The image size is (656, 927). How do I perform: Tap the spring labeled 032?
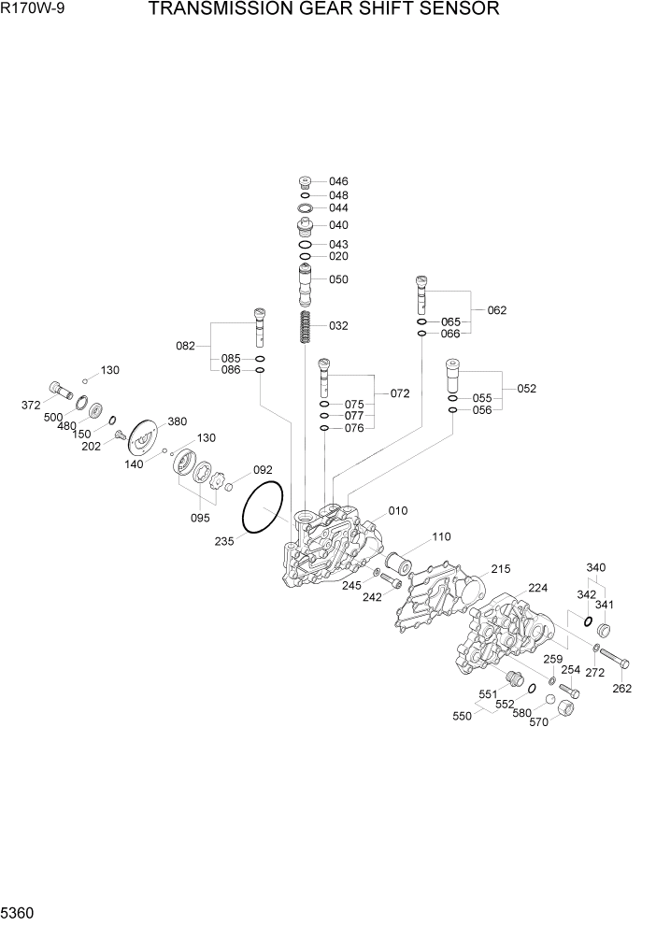tap(305, 327)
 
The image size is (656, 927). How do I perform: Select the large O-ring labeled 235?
tap(263, 509)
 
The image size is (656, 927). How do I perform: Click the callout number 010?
tap(398, 511)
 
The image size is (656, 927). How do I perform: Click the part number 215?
tap(501, 569)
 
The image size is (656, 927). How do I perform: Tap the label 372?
tap(31, 405)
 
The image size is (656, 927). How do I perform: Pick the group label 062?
tap(497, 310)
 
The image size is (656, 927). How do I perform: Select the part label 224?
tap(538, 588)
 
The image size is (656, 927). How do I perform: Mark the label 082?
tap(185, 346)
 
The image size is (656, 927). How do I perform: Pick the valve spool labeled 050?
tap(305, 283)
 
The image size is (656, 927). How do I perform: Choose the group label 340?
tap(595, 567)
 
